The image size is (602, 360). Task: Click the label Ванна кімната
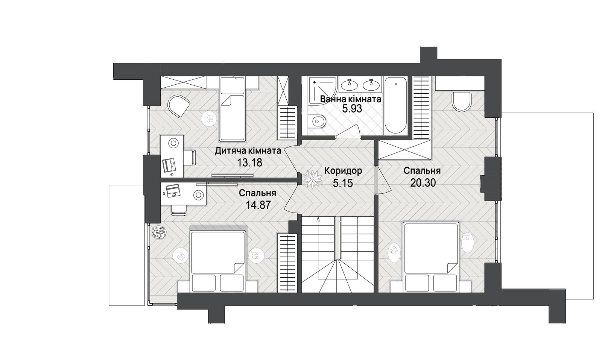350,99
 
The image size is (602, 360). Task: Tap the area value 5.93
352,109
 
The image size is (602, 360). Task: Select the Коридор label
343,171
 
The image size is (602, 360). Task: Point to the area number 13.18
250,162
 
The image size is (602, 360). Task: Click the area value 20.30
423,183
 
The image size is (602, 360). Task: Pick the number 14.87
258,205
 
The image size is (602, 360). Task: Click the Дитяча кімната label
248,151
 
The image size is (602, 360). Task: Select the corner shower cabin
322,90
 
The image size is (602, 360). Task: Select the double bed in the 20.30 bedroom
431,257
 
